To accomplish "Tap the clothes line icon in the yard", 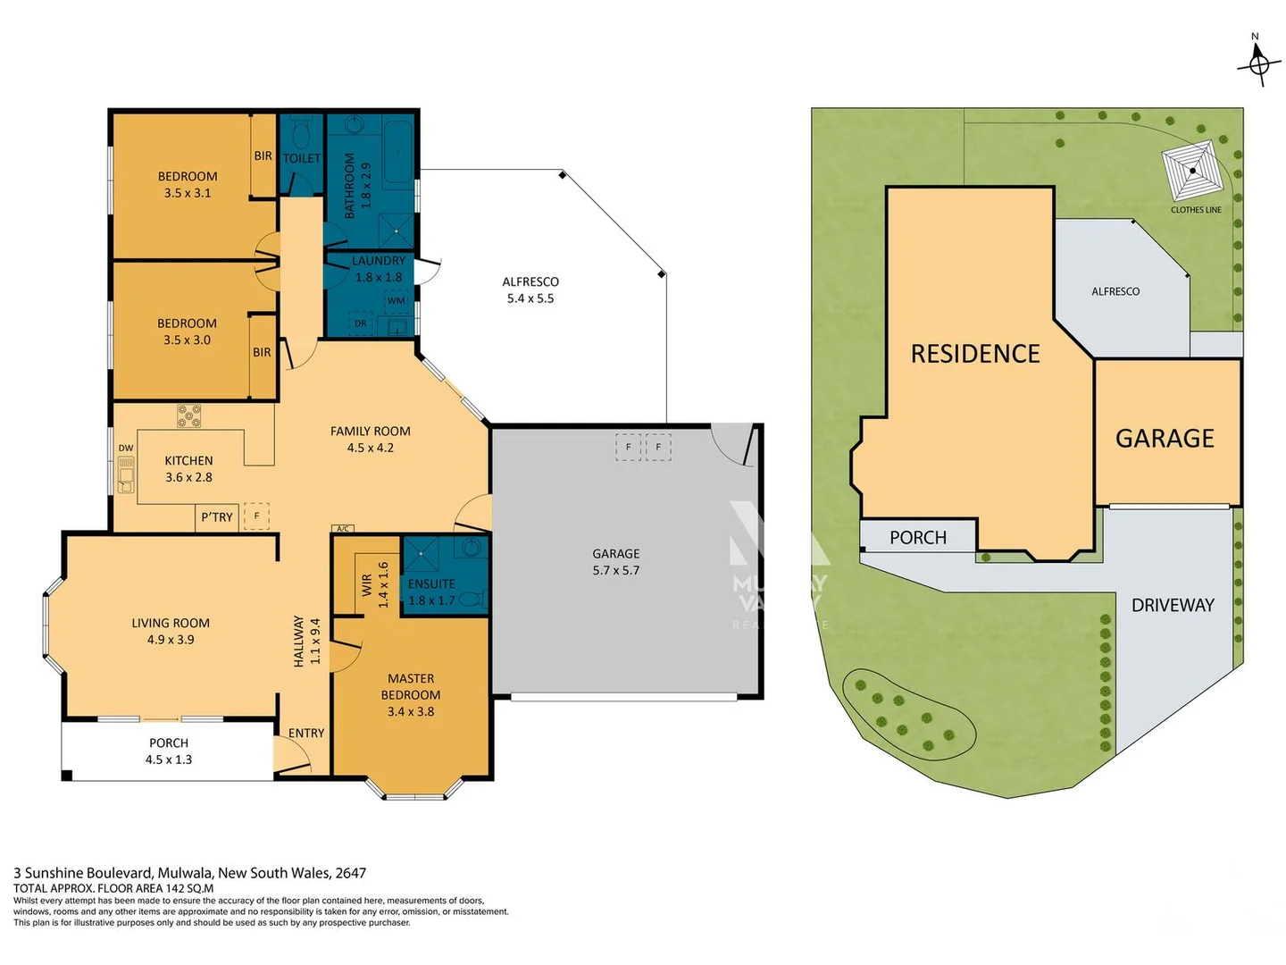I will coord(1192,172).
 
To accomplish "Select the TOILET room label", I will coord(302,158).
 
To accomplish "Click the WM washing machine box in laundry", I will coord(396,301).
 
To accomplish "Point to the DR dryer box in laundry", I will coord(361,323).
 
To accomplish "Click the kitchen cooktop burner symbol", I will coord(188,415).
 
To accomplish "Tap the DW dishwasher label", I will coord(126,449).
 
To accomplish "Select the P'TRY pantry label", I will coord(217,517).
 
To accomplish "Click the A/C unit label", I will coord(342,529).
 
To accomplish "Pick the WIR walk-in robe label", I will coord(366,585).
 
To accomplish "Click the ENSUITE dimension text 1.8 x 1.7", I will coord(431,600).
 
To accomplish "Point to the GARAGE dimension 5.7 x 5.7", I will coord(615,570).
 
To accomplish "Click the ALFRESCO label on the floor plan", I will coord(530,281).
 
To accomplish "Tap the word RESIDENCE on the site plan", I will coord(975,354).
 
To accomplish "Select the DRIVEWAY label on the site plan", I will coord(1173,605).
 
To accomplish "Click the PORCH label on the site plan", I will coord(918,537).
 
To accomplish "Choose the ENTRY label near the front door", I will coord(306,733).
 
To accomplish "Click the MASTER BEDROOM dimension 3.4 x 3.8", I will coord(411,711).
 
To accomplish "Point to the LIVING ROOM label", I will coord(171,623).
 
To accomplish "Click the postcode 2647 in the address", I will coord(350,873).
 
